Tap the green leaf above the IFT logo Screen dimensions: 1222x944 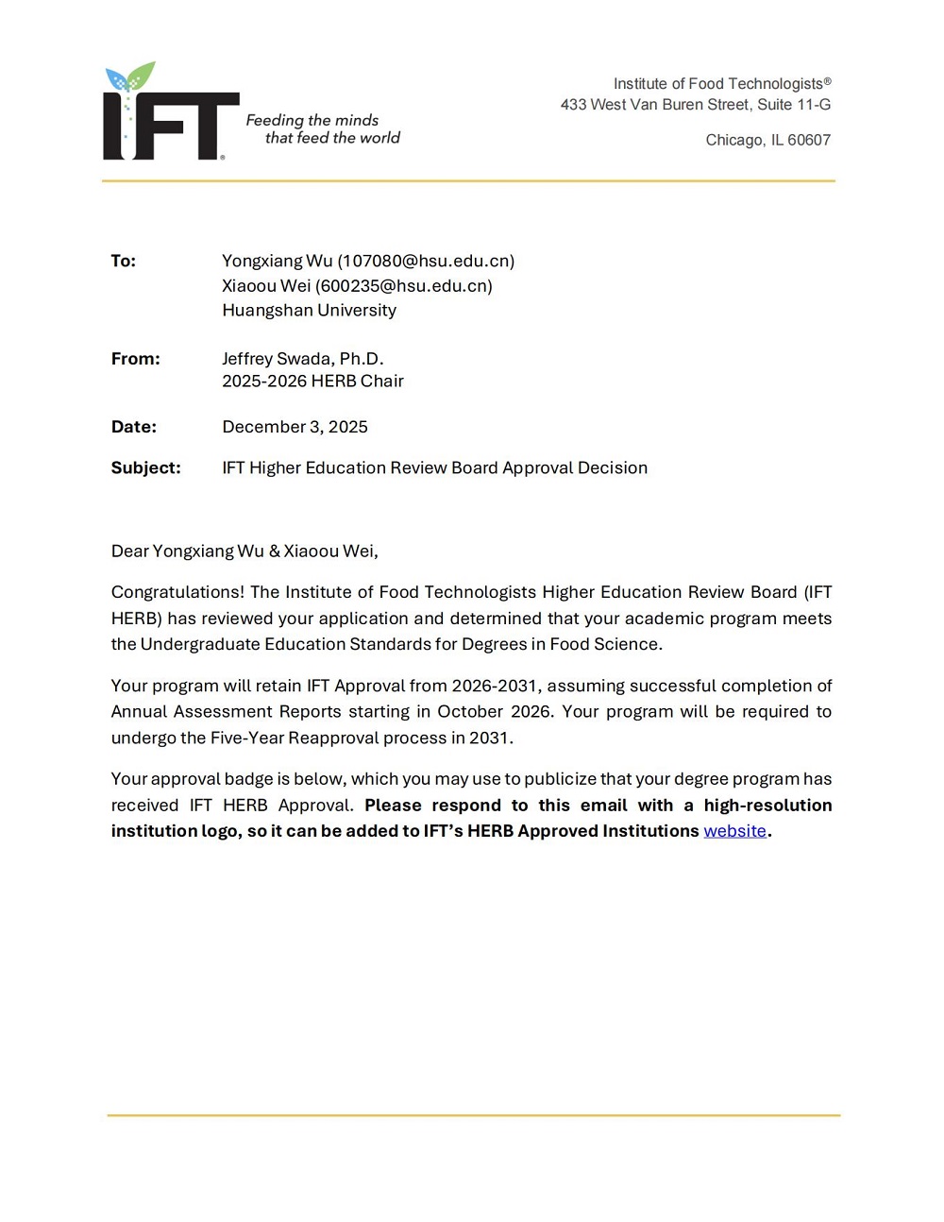click(142, 75)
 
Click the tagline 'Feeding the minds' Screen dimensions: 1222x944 click(312, 120)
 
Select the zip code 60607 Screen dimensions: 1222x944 click(809, 140)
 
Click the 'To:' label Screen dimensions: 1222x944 click(124, 261)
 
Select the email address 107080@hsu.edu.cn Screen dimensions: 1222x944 click(426, 261)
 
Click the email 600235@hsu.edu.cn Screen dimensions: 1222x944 click(404, 285)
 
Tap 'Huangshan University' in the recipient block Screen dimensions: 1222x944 click(309, 310)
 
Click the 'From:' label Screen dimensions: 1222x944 click(136, 359)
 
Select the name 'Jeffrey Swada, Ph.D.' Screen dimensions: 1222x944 click(302, 359)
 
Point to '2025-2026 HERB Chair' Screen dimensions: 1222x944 click(312, 381)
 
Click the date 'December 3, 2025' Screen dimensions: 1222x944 click(295, 427)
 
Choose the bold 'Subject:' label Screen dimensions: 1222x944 click(145, 467)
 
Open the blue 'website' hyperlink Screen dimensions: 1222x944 click(734, 831)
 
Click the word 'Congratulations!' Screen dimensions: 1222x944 click(177, 592)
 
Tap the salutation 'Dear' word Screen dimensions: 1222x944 click(129, 551)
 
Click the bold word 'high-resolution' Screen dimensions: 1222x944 click(767, 806)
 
